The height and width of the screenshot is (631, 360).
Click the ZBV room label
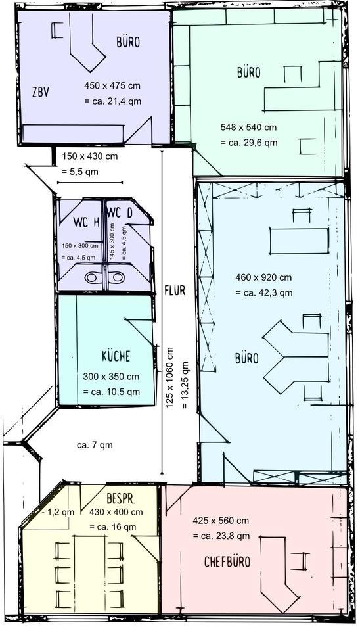click(x=41, y=92)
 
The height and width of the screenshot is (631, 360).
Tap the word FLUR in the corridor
click(x=175, y=290)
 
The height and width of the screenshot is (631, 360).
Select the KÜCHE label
click(x=116, y=356)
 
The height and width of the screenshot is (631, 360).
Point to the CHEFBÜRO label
click(x=227, y=561)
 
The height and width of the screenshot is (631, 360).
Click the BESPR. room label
click(x=121, y=499)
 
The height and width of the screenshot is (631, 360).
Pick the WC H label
click(x=87, y=222)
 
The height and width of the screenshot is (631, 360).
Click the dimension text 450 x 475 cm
click(x=112, y=85)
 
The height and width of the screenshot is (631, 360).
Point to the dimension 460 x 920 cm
click(x=263, y=277)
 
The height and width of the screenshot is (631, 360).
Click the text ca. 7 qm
click(x=95, y=445)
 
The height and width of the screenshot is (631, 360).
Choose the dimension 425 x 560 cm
click(x=221, y=521)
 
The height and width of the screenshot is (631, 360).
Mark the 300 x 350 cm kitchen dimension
click(x=111, y=377)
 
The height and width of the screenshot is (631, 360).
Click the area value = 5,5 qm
click(x=79, y=171)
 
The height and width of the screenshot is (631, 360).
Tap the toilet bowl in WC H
click(x=93, y=277)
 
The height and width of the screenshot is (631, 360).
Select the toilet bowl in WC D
click(x=118, y=277)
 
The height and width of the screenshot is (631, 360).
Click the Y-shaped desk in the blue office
click(x=296, y=356)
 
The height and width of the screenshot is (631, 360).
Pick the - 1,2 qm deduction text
click(x=58, y=512)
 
